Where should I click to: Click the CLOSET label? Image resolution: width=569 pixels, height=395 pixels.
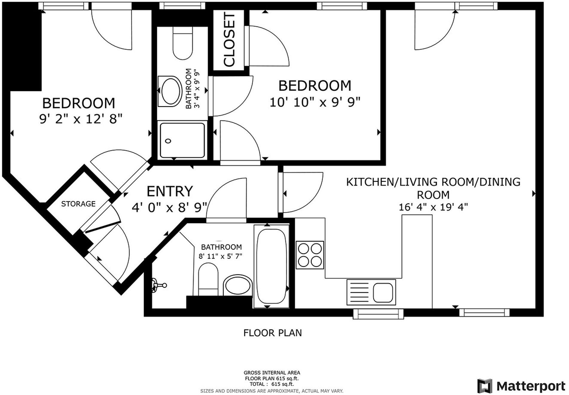tap(230, 40)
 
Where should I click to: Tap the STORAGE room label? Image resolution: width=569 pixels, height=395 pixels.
tap(78, 204)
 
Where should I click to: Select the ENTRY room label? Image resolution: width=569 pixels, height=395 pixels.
tap(170, 191)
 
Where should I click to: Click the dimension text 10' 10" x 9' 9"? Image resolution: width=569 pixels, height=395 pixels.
tap(315, 102)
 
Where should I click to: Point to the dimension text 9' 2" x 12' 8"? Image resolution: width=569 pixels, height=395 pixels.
tap(81, 119)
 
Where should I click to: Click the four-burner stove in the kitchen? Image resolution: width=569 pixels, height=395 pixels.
tap(310, 255)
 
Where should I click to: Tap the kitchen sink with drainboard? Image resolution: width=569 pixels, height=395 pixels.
tap(371, 292)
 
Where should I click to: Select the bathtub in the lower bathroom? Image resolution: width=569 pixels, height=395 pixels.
tap(271, 266)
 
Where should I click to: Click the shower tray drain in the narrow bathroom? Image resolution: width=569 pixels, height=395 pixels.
tap(168, 141)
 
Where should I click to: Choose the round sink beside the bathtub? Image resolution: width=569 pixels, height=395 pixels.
tap(238, 285)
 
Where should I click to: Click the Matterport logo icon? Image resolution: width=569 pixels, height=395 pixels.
tap(485, 386)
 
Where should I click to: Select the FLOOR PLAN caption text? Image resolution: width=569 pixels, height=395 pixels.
tap(272, 333)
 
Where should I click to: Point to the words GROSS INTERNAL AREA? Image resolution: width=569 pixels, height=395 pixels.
tap(272, 373)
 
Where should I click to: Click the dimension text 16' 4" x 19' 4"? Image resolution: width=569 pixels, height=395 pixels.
tap(433, 207)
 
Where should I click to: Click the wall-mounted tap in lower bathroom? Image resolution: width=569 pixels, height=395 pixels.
tap(158, 285)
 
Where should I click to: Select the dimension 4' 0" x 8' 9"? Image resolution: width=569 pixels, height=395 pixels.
tap(170, 207)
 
